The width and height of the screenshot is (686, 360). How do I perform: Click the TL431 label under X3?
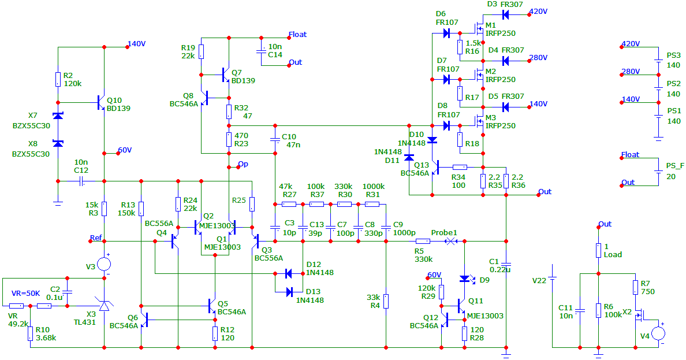point(85,322)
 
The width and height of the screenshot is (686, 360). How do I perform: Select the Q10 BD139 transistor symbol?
point(100,103)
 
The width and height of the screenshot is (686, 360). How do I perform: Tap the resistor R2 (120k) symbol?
point(58,79)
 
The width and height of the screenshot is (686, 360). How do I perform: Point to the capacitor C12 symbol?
point(82,181)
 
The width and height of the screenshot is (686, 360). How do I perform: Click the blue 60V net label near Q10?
point(125,150)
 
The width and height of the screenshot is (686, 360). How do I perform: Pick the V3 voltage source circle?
point(104,264)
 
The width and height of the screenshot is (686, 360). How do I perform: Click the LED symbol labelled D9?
point(465,279)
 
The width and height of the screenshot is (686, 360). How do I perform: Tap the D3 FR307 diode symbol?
point(506,15)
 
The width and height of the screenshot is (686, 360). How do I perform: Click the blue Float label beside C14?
point(297,35)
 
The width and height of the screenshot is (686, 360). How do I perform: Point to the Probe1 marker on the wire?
point(450,241)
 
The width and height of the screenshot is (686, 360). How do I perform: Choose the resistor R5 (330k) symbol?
point(422,241)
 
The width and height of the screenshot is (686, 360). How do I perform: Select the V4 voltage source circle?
point(658,333)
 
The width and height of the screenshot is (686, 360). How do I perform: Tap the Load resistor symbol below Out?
point(598,251)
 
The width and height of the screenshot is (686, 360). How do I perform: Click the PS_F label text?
point(675,166)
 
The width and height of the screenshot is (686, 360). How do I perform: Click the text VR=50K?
point(26,294)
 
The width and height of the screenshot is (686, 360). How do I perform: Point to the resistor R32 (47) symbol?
point(229,112)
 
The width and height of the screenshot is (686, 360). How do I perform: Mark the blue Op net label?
point(243,164)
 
